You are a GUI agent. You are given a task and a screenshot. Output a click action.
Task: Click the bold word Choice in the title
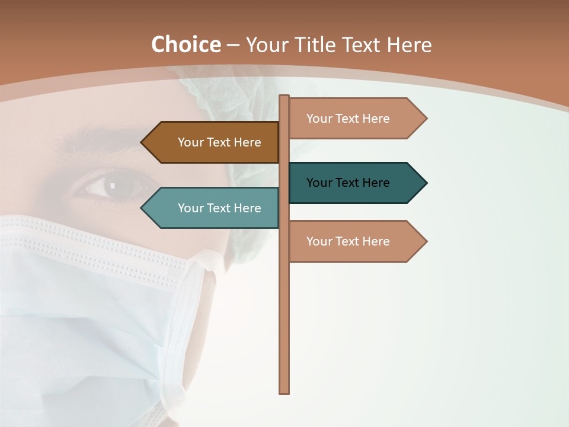click(x=186, y=45)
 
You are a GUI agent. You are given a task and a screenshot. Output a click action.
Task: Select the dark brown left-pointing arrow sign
click(x=210, y=142)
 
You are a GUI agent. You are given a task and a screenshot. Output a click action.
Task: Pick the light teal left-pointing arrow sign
click(x=210, y=208)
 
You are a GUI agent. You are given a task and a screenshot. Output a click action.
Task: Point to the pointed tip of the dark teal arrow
click(x=426, y=183)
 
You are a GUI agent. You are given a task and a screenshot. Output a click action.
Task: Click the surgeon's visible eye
click(x=113, y=186)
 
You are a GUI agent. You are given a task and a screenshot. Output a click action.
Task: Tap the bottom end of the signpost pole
click(x=284, y=391)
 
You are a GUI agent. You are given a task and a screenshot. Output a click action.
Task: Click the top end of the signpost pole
click(x=284, y=97)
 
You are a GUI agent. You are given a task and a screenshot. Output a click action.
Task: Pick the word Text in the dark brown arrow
click(x=219, y=142)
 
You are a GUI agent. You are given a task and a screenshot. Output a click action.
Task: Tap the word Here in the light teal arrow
click(x=247, y=208)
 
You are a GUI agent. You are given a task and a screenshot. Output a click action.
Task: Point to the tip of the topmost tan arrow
click(x=426, y=119)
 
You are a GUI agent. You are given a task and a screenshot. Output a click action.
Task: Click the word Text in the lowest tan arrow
click(x=347, y=241)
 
